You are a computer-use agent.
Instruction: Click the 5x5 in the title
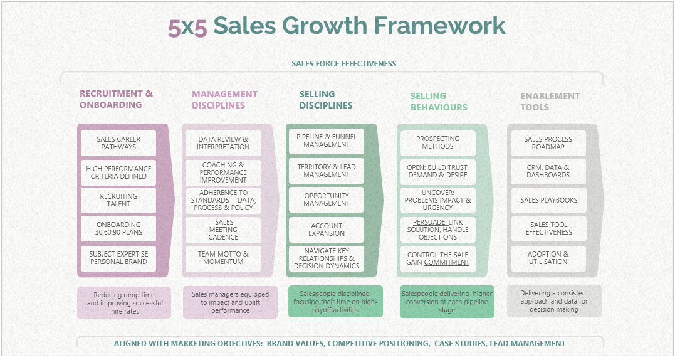[x=187, y=28]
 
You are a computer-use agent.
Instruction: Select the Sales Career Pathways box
[x=118, y=143]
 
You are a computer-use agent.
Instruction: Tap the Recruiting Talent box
[x=118, y=200]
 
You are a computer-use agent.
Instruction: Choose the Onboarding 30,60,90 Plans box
[x=118, y=228]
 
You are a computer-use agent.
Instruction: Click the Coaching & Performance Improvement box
[x=223, y=172]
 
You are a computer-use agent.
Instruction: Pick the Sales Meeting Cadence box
[x=223, y=230]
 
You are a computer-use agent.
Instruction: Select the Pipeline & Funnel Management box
[x=327, y=140]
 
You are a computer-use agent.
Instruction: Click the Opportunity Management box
[x=327, y=199]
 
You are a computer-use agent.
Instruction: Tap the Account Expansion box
[x=327, y=230]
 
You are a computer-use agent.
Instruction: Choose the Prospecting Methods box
[x=437, y=142]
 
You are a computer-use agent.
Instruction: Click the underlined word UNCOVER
[x=437, y=193]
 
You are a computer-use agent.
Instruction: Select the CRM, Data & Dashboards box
[x=548, y=171]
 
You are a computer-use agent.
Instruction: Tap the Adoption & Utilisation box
[x=548, y=258]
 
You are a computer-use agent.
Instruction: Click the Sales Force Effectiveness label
[x=343, y=64]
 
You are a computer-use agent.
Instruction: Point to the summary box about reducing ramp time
[x=124, y=303]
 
